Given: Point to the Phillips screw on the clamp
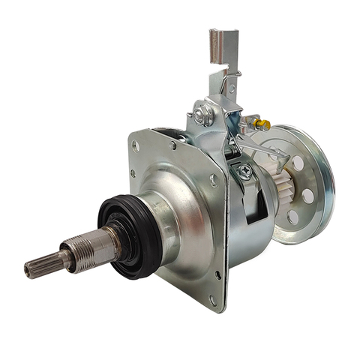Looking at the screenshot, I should [244, 171].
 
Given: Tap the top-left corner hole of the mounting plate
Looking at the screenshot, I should [135, 145].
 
